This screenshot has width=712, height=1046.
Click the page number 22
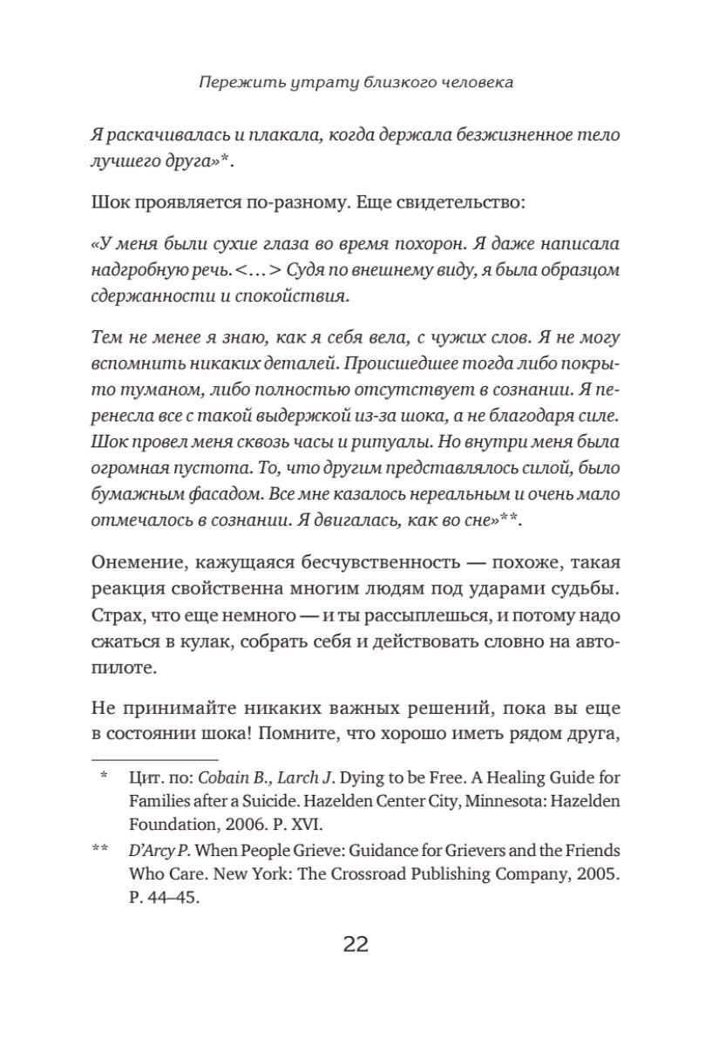pos(356,944)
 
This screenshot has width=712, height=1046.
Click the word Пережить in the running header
pos(230,84)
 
